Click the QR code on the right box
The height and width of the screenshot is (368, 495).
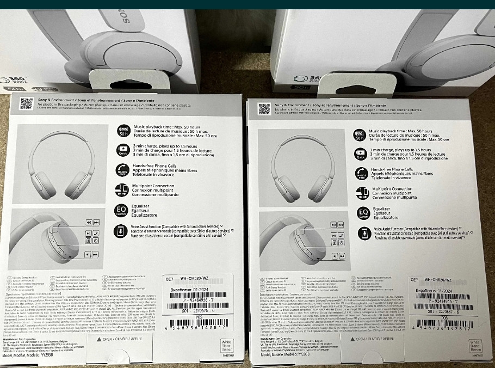pos(264,108)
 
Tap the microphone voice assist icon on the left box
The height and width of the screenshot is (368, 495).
pos(122,231)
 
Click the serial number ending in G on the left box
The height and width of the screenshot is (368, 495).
pos(194,310)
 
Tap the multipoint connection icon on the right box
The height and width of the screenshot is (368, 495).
pos(361,192)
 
